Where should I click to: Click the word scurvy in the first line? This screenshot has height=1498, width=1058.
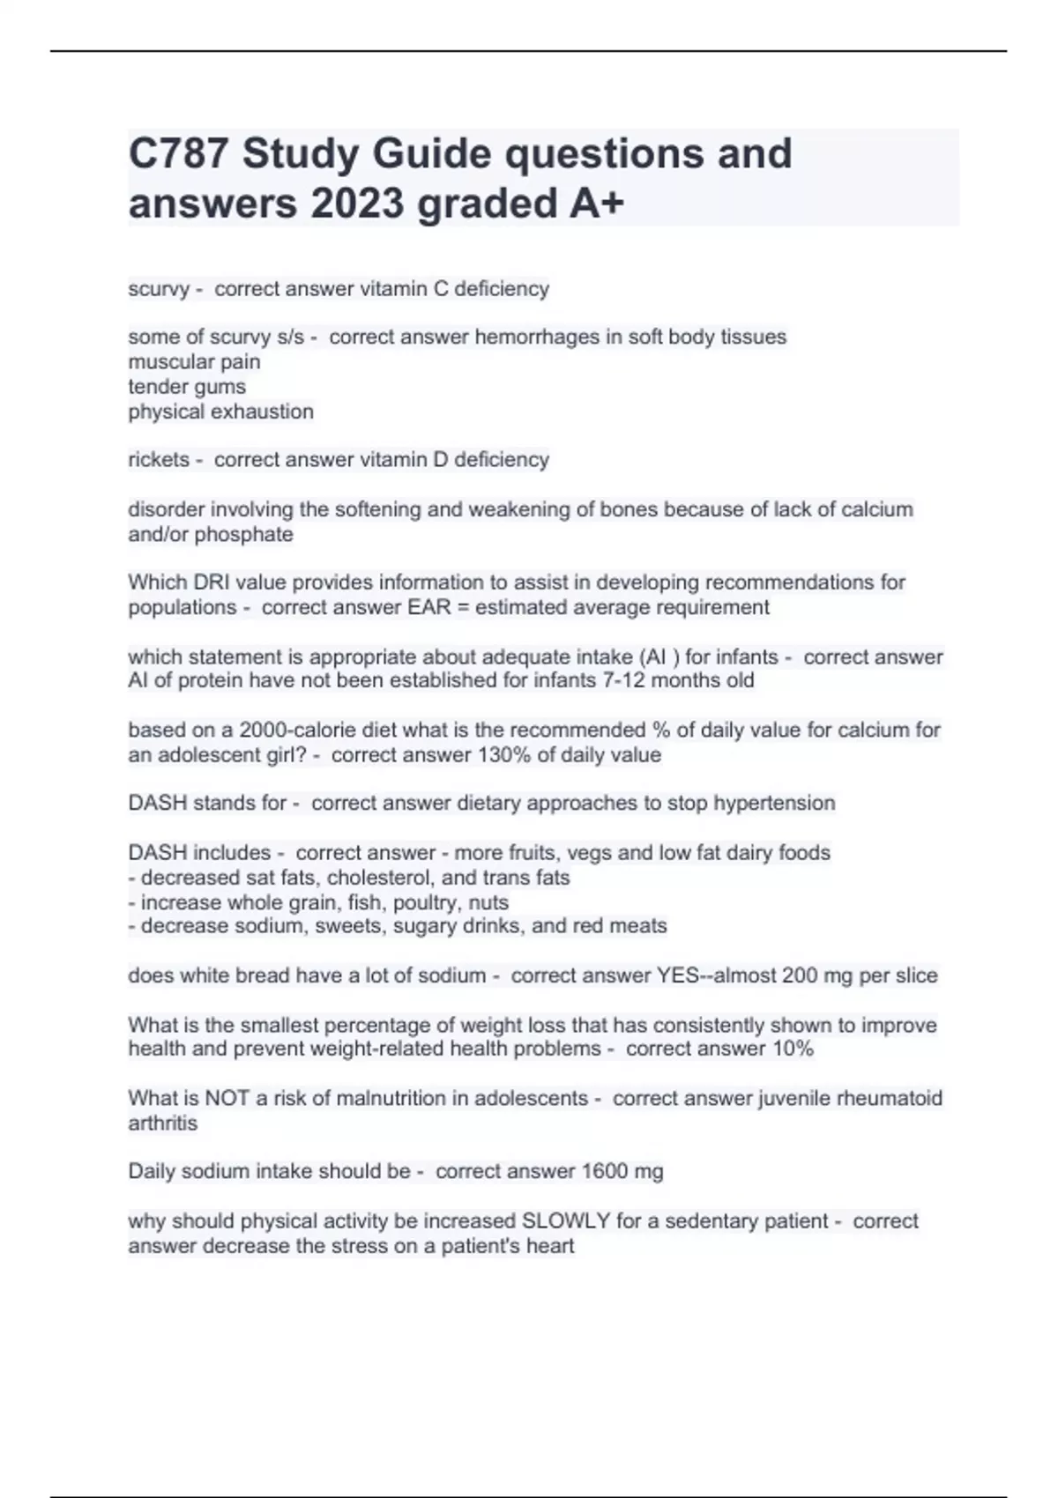click(x=159, y=289)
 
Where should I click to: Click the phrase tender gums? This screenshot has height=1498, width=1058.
click(x=187, y=387)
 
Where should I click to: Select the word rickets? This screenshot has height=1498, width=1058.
click(x=159, y=460)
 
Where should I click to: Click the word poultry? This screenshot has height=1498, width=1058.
click(x=421, y=902)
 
